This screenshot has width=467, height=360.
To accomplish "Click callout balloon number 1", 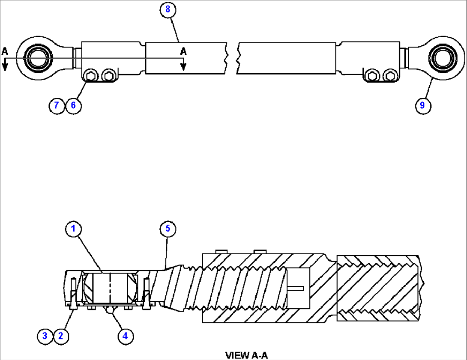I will (x=73, y=229).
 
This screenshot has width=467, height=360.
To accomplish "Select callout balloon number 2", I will (x=60, y=336).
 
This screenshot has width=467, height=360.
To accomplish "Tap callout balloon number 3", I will (x=45, y=336).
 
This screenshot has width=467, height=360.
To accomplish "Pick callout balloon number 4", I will (x=125, y=336).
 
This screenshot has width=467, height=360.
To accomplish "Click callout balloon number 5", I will (x=168, y=229).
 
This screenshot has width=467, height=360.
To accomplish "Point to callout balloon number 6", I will (x=73, y=105).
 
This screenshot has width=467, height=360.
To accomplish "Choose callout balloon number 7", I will (x=57, y=105).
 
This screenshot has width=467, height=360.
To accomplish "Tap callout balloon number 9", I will (x=422, y=105).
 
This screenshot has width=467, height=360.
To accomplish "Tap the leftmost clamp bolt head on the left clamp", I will (x=90, y=76).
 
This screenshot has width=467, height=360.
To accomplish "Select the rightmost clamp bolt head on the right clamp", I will (x=389, y=76).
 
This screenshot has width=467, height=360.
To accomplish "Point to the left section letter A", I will (x=5, y=51).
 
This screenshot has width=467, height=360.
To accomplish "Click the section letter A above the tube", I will (x=183, y=51).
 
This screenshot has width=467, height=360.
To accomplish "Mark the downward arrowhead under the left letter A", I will (x=5, y=66).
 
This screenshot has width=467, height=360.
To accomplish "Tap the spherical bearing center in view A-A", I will (x=110, y=288).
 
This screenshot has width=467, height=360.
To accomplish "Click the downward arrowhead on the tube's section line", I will (x=183, y=66).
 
